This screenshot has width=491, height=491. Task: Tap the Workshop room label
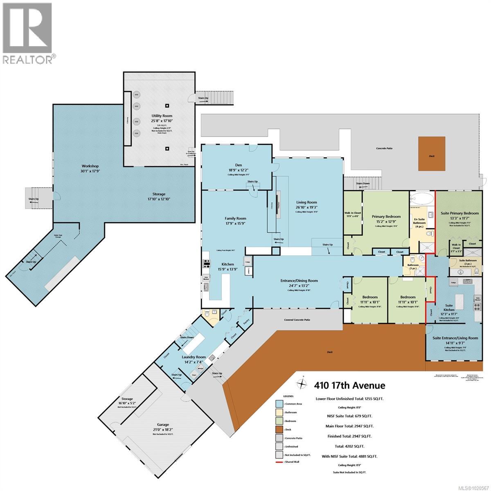90,169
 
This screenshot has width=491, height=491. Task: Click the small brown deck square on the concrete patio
432,154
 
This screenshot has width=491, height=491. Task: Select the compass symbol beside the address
302,384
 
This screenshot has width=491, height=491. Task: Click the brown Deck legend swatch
281,430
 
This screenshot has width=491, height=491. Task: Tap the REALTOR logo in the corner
28,33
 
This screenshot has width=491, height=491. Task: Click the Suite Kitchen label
449,308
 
